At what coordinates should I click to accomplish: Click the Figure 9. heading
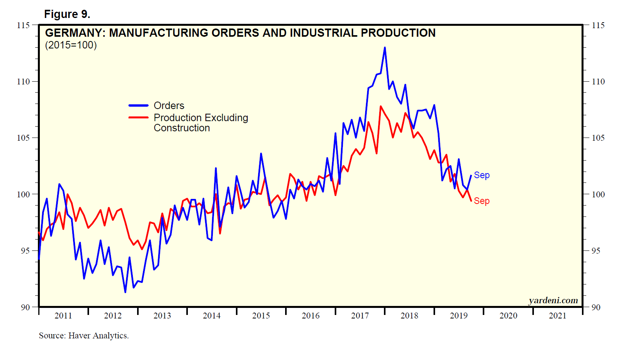click(x=67, y=14)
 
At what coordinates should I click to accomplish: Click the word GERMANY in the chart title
click(x=75, y=33)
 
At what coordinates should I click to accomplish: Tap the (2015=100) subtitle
click(x=71, y=45)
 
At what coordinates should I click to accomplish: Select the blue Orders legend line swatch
click(x=139, y=106)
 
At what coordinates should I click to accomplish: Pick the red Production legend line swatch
click(x=139, y=117)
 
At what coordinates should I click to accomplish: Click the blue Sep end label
click(x=482, y=175)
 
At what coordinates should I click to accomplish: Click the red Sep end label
click(x=482, y=201)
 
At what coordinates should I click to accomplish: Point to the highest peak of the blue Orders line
click(x=385, y=48)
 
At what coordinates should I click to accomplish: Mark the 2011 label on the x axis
click(x=63, y=316)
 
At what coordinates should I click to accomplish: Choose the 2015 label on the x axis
click(x=261, y=316)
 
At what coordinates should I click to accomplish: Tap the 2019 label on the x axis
click(x=459, y=316)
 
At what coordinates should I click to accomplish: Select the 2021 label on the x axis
click(x=557, y=316)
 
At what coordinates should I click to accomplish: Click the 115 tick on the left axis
click(x=23, y=25)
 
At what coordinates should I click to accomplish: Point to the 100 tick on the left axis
click(x=23, y=194)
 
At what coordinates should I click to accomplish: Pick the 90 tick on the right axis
click(x=596, y=308)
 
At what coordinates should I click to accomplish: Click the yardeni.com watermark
click(x=553, y=300)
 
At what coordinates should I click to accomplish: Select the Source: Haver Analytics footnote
click(x=84, y=336)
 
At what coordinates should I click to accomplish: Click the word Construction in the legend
click(x=182, y=128)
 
